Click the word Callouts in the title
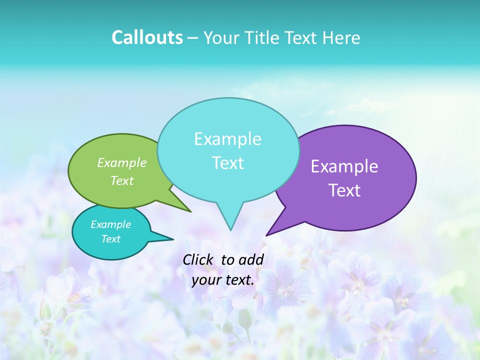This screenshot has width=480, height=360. tap(147, 37)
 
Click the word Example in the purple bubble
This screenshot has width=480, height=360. tap(344, 166)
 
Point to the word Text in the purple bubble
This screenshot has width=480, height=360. tap(344, 190)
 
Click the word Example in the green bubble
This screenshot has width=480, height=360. tap(121, 162)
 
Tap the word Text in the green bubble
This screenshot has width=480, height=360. tap(121, 180)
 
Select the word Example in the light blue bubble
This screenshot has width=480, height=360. tap(227, 139)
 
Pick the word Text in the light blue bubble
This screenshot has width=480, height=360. tap(227, 163)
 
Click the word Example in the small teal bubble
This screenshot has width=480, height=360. tap(110, 224)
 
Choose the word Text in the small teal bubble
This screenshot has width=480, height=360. tap(110, 239)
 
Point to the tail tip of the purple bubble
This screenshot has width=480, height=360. tap(266, 235)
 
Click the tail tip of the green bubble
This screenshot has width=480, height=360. tap(190, 211)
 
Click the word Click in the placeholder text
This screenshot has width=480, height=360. tap(197, 259)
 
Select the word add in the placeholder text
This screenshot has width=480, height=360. tap(251, 259)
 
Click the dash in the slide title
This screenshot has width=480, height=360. tap(193, 38)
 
